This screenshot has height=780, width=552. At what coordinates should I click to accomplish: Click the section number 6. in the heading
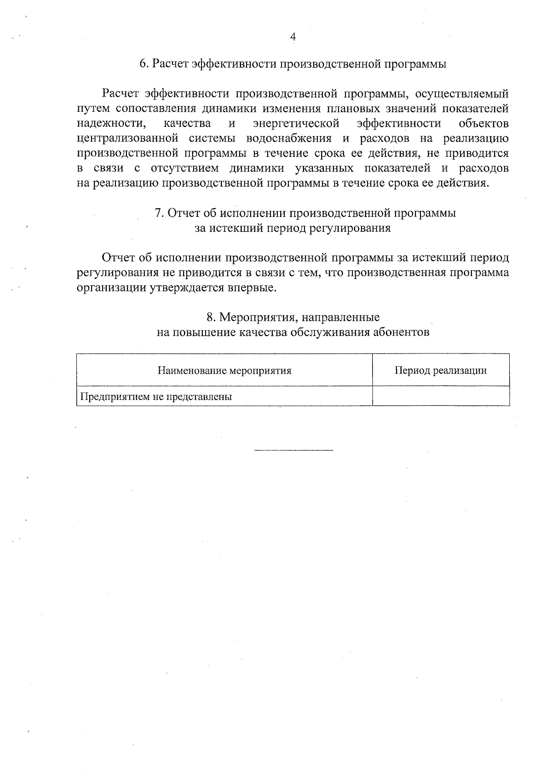(x=144, y=64)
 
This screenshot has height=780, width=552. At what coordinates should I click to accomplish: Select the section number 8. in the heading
(x=211, y=317)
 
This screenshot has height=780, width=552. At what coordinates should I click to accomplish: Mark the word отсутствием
(x=185, y=168)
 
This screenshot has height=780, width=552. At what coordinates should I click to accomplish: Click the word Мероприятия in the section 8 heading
(x=259, y=317)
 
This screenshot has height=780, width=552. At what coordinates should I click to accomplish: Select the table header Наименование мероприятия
(x=224, y=370)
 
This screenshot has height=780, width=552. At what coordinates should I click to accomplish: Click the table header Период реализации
(x=440, y=370)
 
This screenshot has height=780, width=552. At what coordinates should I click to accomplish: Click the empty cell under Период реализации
(x=440, y=396)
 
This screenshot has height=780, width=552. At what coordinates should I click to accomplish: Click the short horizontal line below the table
(x=293, y=450)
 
